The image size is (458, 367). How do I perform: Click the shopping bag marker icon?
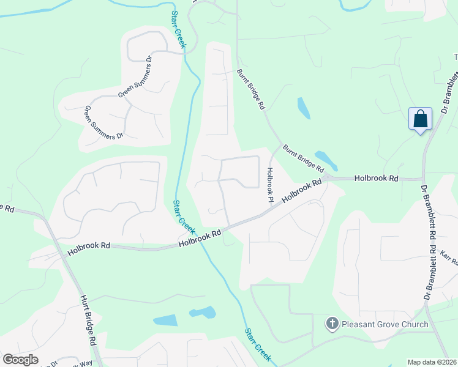point(421,119)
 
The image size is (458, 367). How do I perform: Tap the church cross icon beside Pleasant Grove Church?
point(332,324)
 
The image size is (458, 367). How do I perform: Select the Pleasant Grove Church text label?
point(385,324)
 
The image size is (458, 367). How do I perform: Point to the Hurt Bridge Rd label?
point(89,321)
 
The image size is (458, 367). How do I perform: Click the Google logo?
point(20,360)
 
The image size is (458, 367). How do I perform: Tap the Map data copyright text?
point(432,362)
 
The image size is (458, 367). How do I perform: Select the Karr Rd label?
point(449,257)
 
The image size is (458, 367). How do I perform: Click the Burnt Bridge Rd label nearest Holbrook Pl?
point(303,158)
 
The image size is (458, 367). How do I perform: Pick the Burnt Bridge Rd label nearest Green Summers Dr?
point(251,89)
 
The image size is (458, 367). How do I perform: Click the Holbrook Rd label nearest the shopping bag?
point(377,179)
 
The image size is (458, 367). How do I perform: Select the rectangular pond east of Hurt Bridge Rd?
point(165,321)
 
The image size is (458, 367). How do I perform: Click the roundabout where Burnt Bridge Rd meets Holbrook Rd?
point(328,177)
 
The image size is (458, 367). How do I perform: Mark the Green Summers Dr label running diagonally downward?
point(103,123)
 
